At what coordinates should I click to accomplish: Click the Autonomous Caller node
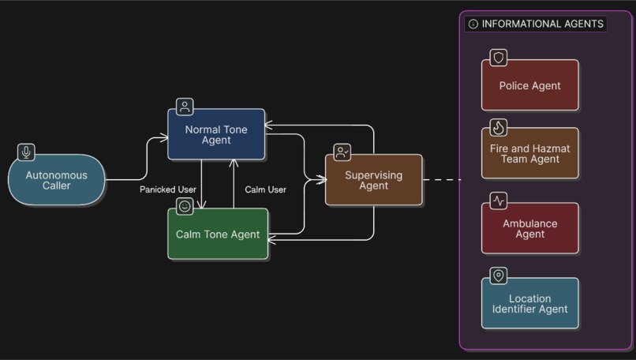pyautogui.click(x=56, y=180)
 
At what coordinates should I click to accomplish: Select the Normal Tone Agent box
pyautogui.click(x=215, y=134)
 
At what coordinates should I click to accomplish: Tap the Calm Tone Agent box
pyautogui.click(x=218, y=234)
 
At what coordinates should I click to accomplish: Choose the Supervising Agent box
pyautogui.click(x=373, y=180)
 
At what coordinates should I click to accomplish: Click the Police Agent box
pyautogui.click(x=529, y=85)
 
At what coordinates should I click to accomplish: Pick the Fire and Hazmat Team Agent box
pyautogui.click(x=529, y=153)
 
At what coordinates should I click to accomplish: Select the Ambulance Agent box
pyautogui.click(x=529, y=228)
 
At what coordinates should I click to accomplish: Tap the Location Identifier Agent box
pyautogui.click(x=529, y=304)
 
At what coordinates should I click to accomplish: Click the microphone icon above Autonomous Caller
pyautogui.click(x=27, y=152)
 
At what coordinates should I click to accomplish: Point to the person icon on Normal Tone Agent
pyautogui.click(x=185, y=107)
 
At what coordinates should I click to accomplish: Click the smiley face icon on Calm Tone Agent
pyautogui.click(x=185, y=207)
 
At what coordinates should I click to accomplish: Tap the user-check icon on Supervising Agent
pyautogui.click(x=342, y=152)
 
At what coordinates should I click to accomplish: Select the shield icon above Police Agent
pyautogui.click(x=498, y=58)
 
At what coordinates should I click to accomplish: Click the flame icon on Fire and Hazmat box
pyautogui.click(x=498, y=127)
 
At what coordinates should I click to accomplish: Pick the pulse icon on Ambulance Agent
pyautogui.click(x=498, y=201)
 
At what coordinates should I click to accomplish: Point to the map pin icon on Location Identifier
pyautogui.click(x=498, y=276)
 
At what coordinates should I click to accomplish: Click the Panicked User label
pyautogui.click(x=168, y=189)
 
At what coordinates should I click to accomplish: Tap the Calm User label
pyautogui.click(x=265, y=189)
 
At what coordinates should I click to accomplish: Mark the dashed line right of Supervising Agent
pyautogui.click(x=442, y=180)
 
